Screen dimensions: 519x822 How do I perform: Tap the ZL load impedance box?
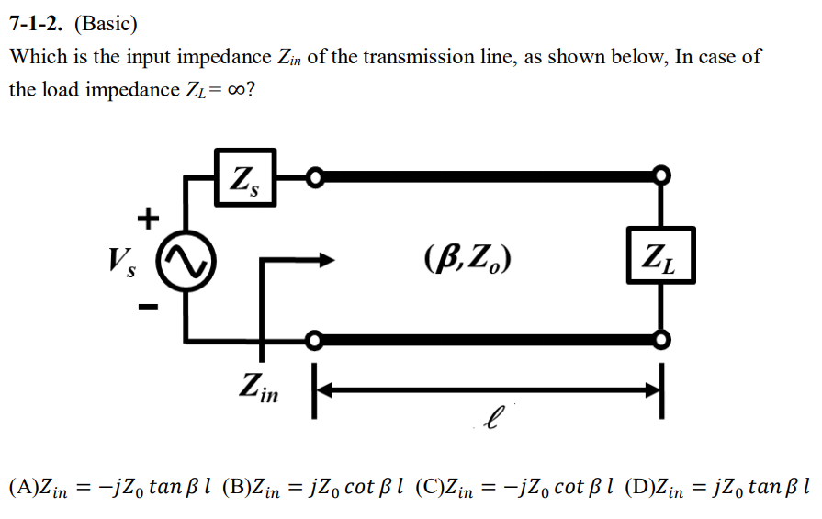point(659,255)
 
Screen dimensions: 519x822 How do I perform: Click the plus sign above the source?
point(146,218)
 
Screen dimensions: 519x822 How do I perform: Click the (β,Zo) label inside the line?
point(468,256)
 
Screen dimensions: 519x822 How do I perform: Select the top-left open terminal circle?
point(314,175)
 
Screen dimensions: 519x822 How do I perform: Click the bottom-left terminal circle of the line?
point(314,342)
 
